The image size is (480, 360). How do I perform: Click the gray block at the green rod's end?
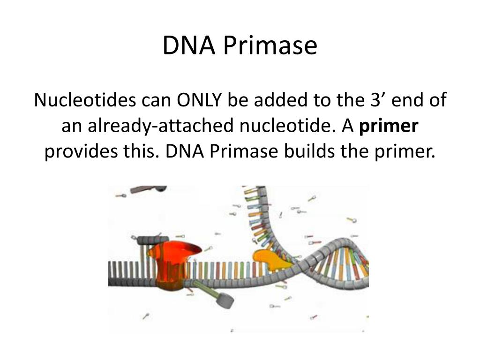[227, 300]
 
